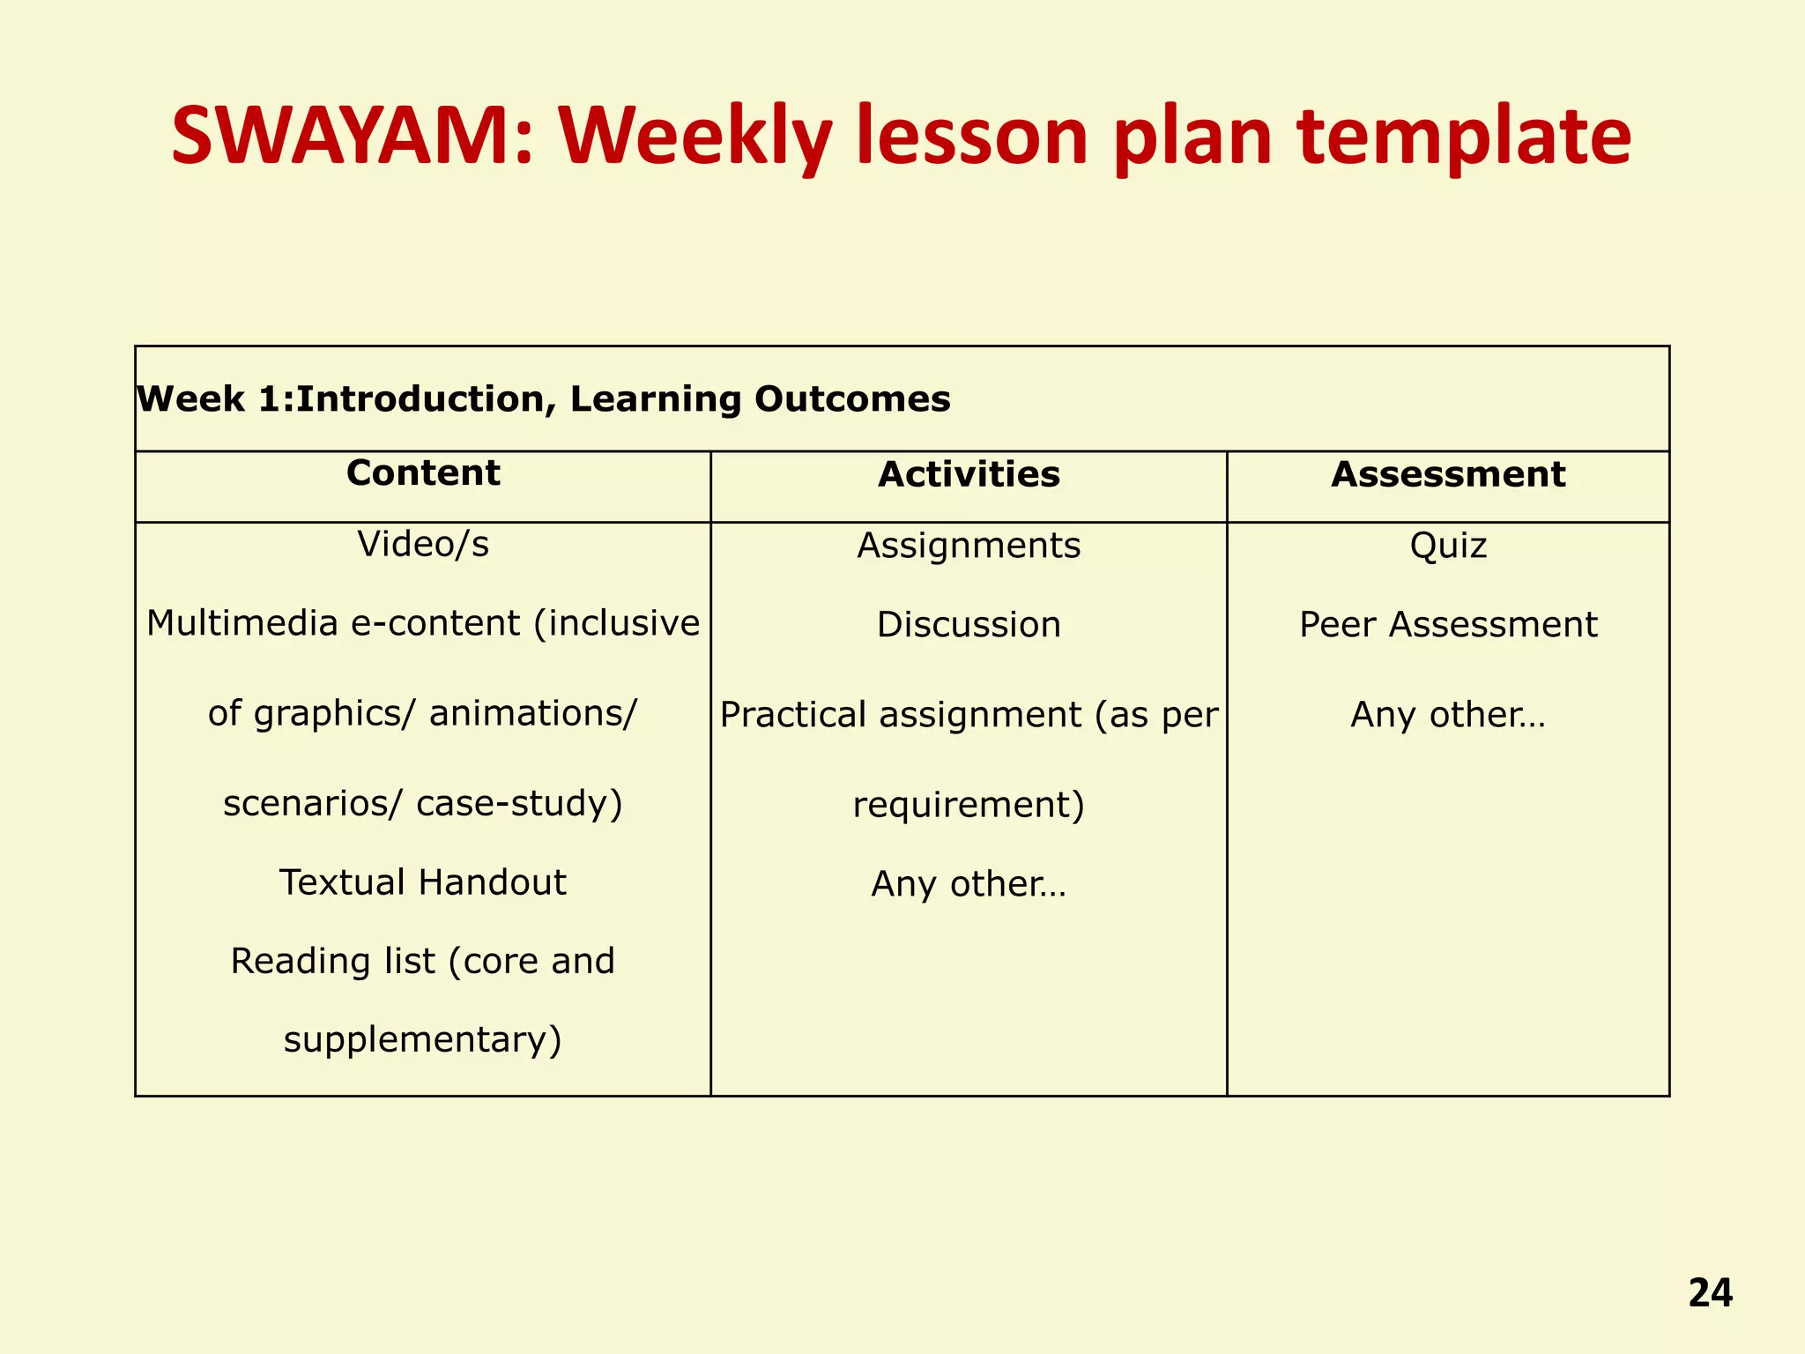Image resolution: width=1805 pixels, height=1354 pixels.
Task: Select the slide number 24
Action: [1710, 1293]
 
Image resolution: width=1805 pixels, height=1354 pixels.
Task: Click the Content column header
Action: [423, 473]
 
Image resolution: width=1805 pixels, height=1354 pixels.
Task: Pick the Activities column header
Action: [969, 475]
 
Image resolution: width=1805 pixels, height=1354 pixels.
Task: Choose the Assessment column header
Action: [1448, 475]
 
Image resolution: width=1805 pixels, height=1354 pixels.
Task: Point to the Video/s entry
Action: [423, 545]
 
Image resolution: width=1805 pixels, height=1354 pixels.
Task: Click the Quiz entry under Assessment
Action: [1448, 546]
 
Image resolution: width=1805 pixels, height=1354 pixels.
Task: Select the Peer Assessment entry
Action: [1448, 625]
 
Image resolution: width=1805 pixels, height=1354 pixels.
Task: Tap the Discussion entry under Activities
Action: [969, 625]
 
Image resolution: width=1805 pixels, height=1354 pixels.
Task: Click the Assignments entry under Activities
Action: [969, 546]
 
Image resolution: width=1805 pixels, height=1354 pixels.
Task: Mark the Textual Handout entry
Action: [423, 882]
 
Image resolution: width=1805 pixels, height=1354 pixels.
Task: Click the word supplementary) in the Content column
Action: [423, 1040]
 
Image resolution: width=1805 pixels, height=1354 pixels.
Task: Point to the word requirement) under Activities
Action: [969, 805]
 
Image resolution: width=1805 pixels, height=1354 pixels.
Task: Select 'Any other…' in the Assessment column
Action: [1448, 715]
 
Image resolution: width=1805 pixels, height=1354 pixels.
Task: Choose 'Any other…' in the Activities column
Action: [969, 884]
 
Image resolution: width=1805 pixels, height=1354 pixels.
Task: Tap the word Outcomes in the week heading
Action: [852, 399]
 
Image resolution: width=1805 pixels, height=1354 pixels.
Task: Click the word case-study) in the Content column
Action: [519, 804]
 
